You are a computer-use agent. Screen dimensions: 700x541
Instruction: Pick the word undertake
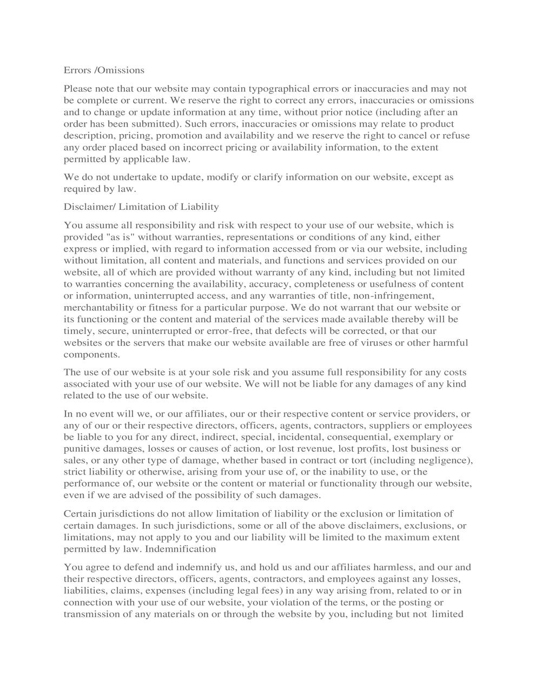pyautogui.click(x=120, y=177)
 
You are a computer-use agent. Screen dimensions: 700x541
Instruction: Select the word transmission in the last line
pyautogui.click(x=90, y=615)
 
